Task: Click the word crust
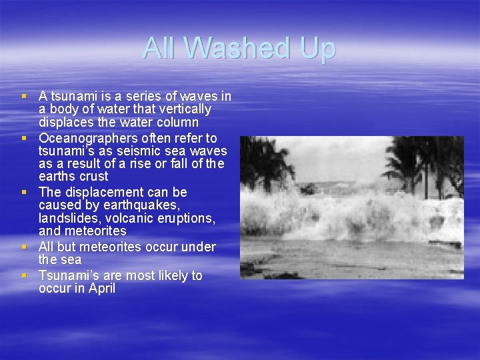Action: click(x=92, y=177)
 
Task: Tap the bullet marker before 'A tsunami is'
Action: click(x=25, y=96)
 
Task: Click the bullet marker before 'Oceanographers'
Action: click(x=25, y=138)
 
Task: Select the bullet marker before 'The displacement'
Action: click(x=25, y=193)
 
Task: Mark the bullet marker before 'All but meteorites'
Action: click(x=25, y=247)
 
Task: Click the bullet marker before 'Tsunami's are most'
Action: click(x=25, y=275)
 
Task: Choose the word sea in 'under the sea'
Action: click(x=71, y=260)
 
